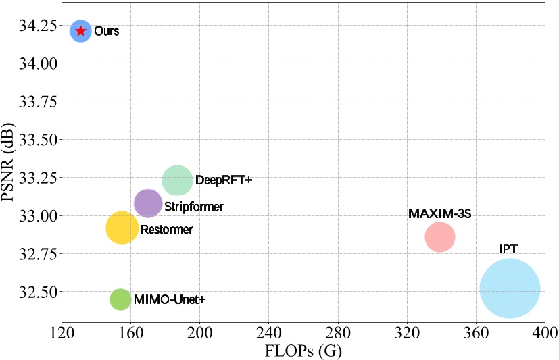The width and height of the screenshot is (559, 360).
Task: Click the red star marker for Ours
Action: tap(80, 31)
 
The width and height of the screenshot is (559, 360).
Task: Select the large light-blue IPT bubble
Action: tap(510, 288)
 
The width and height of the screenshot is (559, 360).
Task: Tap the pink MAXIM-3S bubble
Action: tap(440, 237)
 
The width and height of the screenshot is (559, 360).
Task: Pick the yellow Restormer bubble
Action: tap(122, 228)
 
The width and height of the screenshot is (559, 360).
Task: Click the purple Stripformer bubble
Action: tap(148, 203)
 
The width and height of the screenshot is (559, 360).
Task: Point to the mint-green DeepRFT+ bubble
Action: tap(178, 180)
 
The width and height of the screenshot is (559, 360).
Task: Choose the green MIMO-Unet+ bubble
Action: tap(120, 299)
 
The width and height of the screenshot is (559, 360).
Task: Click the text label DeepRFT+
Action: tap(223, 180)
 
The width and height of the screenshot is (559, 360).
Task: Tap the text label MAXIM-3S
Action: tap(439, 214)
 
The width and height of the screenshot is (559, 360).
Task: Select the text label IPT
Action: tap(508, 249)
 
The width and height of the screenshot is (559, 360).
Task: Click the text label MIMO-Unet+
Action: tap(169, 299)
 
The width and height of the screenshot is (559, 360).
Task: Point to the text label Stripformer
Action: tap(194, 206)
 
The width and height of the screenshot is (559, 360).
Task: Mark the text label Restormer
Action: tap(166, 230)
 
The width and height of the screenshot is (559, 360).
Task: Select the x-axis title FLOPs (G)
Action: tap(303, 351)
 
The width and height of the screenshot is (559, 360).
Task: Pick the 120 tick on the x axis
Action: tap(62, 334)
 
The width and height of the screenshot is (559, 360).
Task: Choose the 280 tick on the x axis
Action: tap(337, 334)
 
